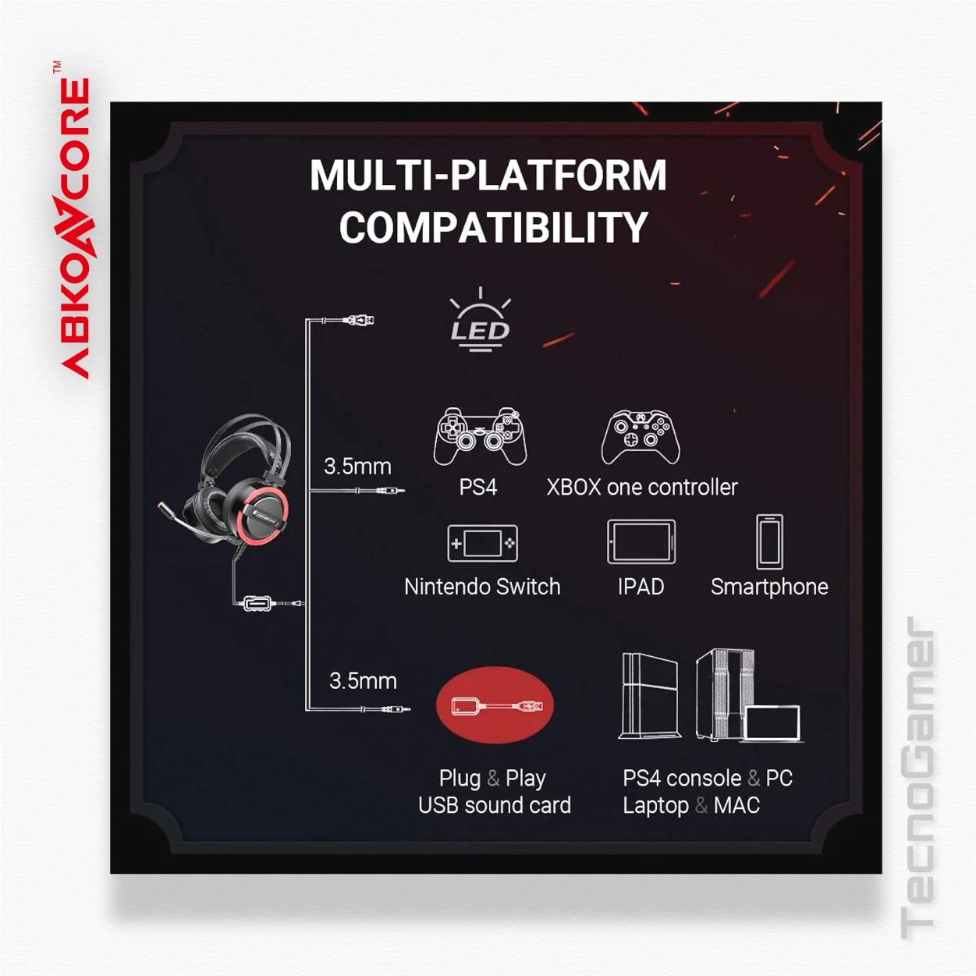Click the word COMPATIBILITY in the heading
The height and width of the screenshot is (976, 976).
click(493, 227)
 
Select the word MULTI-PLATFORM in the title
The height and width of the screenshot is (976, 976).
click(488, 176)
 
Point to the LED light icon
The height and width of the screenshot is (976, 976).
click(480, 320)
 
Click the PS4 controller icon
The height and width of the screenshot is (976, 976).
click(480, 437)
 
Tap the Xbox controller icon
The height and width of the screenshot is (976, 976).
click(641, 438)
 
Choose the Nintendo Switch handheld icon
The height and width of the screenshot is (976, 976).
click(482, 544)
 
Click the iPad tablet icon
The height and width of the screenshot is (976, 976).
click(641, 542)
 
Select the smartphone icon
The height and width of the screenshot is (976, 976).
click(768, 542)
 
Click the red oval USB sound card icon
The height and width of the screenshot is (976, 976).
click(495, 705)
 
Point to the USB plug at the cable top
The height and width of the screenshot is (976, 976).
click(359, 320)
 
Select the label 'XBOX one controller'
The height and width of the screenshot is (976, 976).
click(642, 488)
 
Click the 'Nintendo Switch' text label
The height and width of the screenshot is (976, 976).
click(482, 587)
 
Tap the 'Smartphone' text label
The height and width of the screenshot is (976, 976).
click(769, 587)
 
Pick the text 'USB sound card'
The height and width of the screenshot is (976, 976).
click(495, 805)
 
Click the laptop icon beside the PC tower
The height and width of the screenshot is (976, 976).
click(772, 723)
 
